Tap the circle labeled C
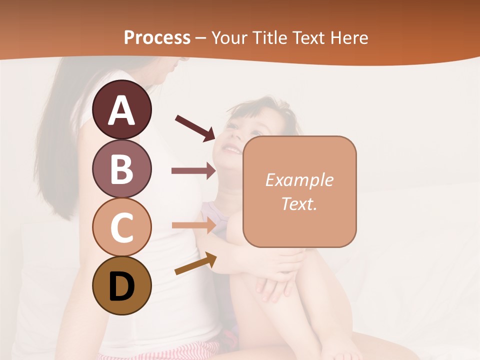121,227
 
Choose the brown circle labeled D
121,285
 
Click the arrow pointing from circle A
195,127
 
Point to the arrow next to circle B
193,171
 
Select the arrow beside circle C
193,225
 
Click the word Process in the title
157,37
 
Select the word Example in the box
299,180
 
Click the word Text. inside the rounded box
299,203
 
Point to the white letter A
121,110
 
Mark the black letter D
121,286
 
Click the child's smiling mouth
231,149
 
